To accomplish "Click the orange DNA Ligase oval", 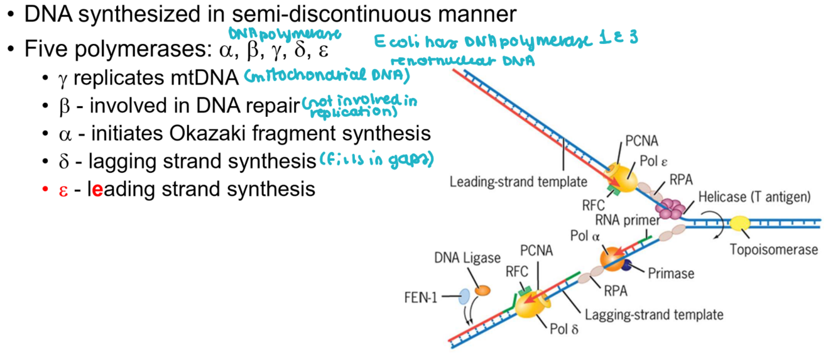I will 482,290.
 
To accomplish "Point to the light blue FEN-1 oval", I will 465,297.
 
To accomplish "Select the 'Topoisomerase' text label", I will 774,249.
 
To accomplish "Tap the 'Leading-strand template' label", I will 518,182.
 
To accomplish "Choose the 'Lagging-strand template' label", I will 654,314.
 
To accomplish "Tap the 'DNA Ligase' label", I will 467,258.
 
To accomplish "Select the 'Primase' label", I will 671,273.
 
